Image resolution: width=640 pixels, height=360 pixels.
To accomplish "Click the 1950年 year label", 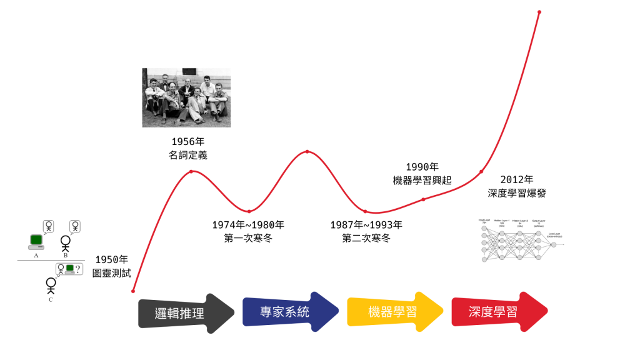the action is click(112, 260).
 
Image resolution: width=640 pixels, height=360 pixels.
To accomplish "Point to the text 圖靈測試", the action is click(112, 273).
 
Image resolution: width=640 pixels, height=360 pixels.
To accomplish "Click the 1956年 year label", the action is click(187, 141).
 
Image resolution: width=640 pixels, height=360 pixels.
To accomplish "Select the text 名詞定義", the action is click(187, 155).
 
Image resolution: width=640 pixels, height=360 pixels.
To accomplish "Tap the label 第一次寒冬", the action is click(248, 238).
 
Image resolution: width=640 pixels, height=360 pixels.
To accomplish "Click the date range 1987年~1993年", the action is click(366, 225).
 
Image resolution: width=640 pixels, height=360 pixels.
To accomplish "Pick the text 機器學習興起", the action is click(422, 180).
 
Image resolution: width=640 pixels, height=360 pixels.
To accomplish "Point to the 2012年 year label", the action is click(517, 180).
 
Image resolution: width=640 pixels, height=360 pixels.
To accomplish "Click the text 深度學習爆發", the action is click(517, 194).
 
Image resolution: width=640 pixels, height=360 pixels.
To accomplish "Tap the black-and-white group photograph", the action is click(186, 97).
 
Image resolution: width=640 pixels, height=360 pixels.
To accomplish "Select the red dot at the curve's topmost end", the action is click(539, 12).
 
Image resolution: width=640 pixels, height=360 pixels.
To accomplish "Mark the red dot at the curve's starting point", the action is click(133, 291).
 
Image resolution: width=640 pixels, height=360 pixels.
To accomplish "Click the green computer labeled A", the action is click(36, 241).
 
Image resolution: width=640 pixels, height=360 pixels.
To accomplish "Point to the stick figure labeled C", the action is click(51, 286).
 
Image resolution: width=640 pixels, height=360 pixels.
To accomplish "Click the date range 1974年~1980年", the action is click(248, 225).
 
